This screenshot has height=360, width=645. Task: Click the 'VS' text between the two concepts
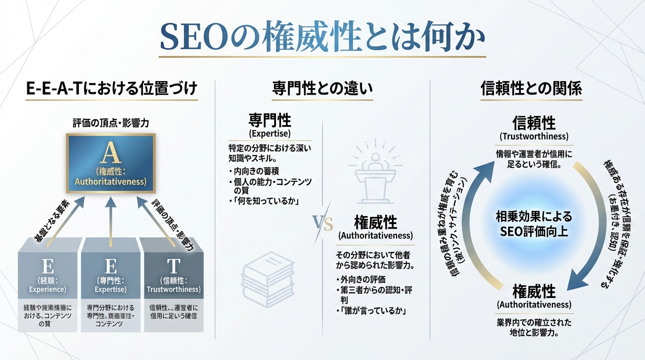pyautogui.click(x=322, y=223)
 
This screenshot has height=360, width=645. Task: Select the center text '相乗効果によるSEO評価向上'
pyautogui.click(x=533, y=224)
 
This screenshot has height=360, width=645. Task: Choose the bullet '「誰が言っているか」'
pyautogui.click(x=373, y=311)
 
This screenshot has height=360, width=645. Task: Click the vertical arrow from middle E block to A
pyautogui.click(x=111, y=220)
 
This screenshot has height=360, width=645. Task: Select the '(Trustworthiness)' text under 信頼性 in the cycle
pyautogui.click(x=533, y=137)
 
